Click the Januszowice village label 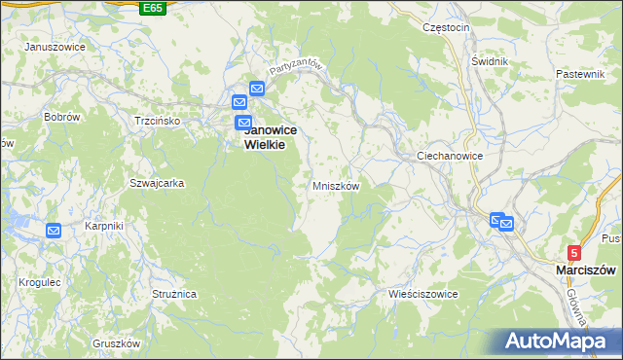[x=52, y=47]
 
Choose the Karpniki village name [x=103, y=226]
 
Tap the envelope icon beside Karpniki [x=54, y=231]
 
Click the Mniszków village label [x=337, y=185]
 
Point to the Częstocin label [x=447, y=27]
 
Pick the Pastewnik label [x=581, y=75]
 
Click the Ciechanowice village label [x=450, y=156]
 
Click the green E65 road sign [x=152, y=8]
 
